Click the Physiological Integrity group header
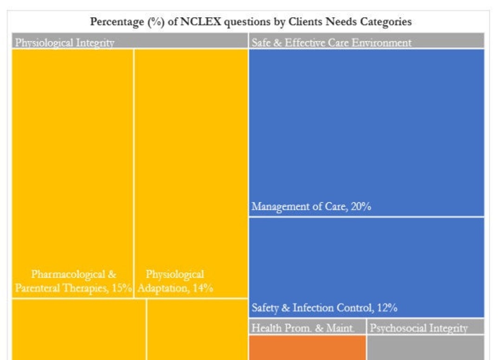64,43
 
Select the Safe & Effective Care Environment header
331,43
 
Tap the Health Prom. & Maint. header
303,328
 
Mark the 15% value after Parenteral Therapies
122,288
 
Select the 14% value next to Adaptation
203,288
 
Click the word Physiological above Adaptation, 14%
175,275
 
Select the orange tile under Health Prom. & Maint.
308,347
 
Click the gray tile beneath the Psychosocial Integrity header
425,347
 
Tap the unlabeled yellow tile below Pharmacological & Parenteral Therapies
78,329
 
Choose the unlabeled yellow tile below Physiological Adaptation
197,329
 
